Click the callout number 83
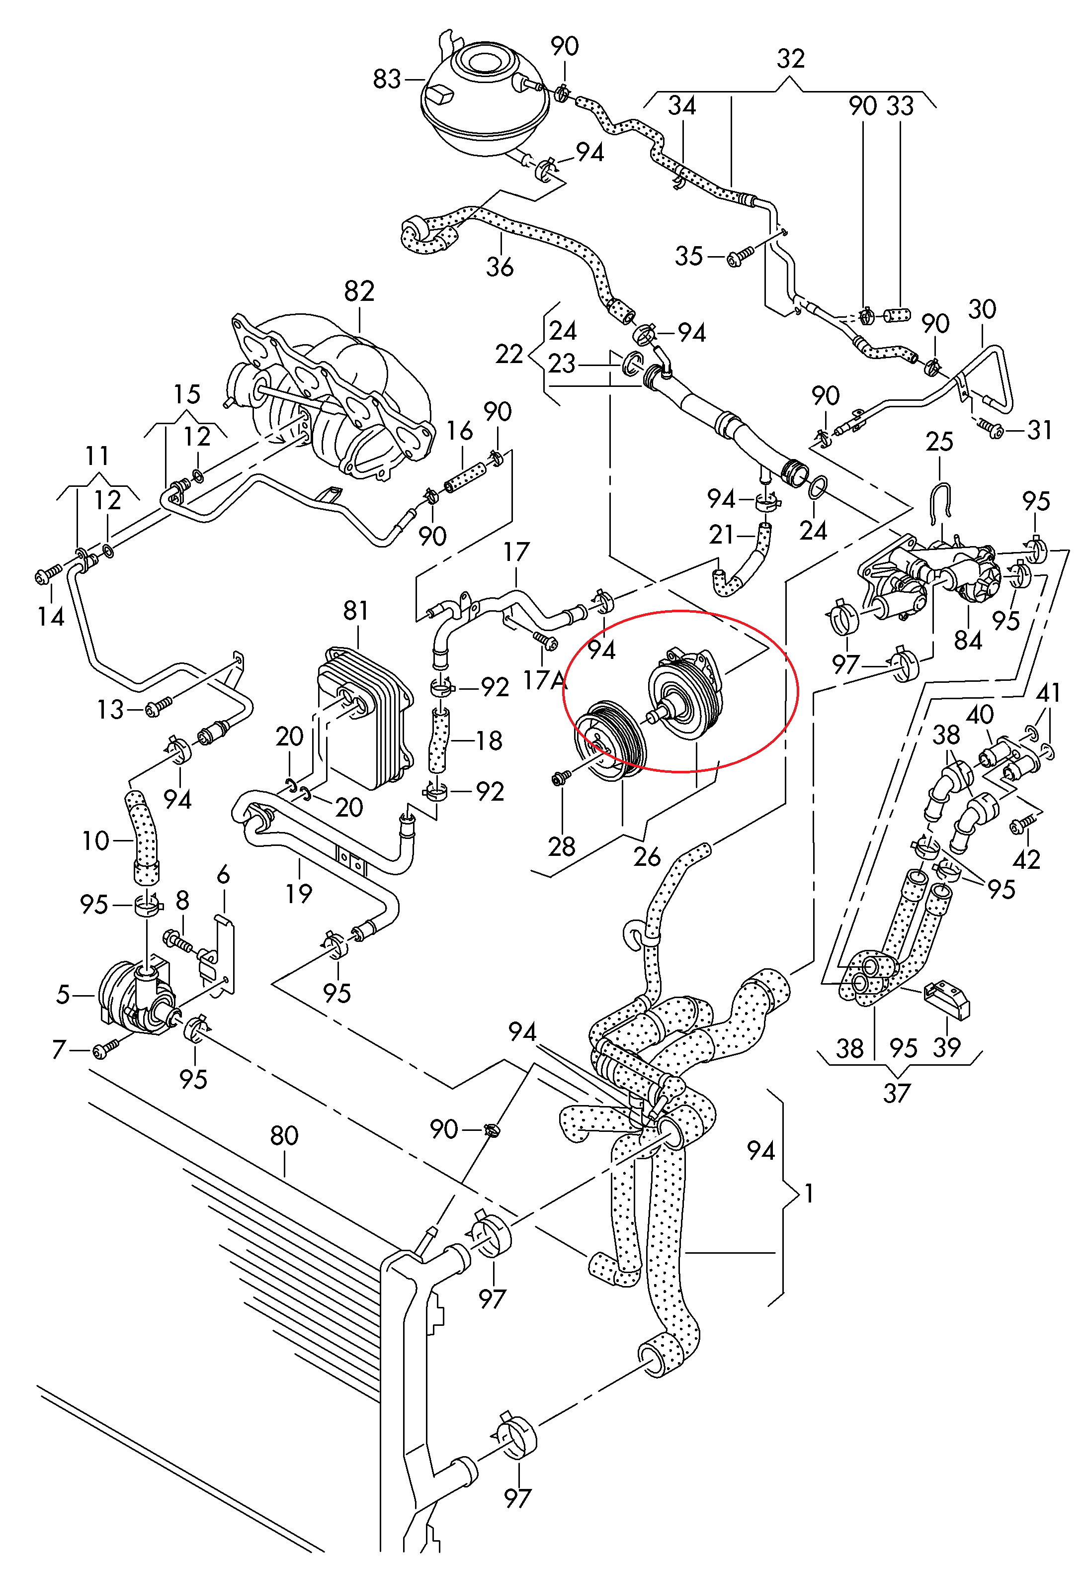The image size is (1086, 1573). (387, 80)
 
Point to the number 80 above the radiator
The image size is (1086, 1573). (284, 1135)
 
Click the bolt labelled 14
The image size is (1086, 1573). (48, 576)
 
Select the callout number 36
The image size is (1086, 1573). (500, 266)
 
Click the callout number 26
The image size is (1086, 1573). (647, 856)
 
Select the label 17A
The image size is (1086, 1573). (542, 680)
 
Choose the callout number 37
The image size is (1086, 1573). (896, 1093)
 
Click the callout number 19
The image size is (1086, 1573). (299, 893)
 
